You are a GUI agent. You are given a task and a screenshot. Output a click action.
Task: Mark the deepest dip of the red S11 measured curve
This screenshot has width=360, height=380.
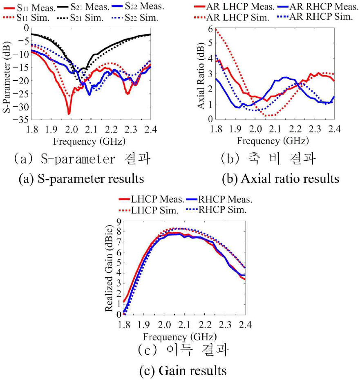point(69,113)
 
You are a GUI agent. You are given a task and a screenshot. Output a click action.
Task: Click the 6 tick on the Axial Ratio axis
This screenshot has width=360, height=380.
point(210,29)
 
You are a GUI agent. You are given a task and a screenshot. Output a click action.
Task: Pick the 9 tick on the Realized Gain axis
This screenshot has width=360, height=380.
point(119,222)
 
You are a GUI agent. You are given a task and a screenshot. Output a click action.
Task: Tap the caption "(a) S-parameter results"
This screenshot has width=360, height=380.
point(81,179)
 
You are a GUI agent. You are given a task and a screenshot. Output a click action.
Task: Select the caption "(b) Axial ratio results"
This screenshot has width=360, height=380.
point(280,179)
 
